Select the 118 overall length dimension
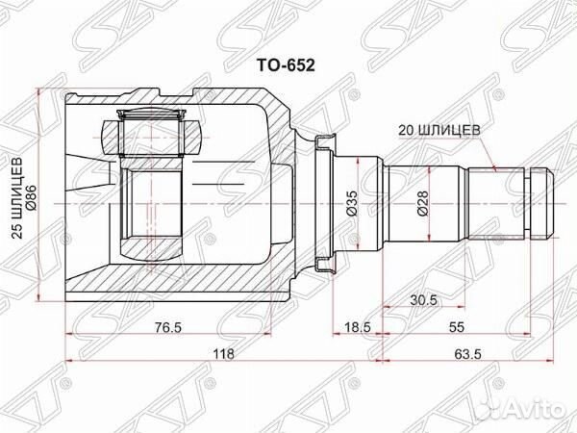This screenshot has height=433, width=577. coord(223,354)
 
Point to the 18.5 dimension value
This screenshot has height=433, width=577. coord(358,327)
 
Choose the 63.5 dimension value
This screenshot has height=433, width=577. coord(468,354)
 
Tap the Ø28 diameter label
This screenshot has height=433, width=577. coord(422,204)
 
